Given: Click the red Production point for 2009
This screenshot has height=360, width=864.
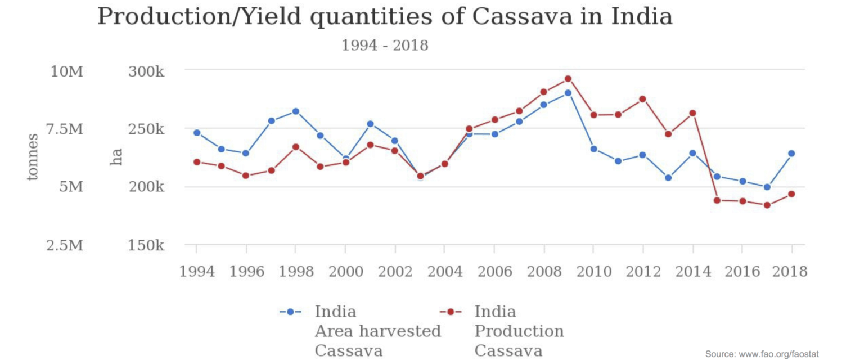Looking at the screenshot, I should pos(568,79).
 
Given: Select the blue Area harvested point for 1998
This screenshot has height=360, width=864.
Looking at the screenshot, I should pos(295,111).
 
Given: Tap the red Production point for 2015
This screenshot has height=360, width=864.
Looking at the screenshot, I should pos(717,200).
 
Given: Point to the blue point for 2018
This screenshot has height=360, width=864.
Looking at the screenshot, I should pos(791,153).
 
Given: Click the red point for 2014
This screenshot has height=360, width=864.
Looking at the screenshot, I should pos(692,113).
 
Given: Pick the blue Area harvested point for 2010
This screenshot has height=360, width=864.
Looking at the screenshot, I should pos(593,149).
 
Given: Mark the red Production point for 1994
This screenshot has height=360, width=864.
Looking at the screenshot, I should pos(197,162).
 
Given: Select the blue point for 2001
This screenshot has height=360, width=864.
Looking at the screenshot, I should pos(370,124).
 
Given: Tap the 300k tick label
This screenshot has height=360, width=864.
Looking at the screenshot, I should pos(146,72).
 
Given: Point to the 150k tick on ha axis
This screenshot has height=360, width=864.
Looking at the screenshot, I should pos(146,246).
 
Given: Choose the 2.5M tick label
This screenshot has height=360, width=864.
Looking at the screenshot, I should pos(67,246).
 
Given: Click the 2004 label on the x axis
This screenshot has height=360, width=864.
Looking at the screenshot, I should pos(445,272).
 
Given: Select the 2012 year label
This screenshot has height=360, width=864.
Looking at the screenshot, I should pos(643,272).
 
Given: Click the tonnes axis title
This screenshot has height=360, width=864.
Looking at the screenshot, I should pos(33,157).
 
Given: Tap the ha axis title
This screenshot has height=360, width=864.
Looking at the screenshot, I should pos(116,157).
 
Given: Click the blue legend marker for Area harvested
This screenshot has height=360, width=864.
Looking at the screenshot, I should pos(291,312).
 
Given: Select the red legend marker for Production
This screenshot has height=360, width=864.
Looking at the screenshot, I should pos(451,312).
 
